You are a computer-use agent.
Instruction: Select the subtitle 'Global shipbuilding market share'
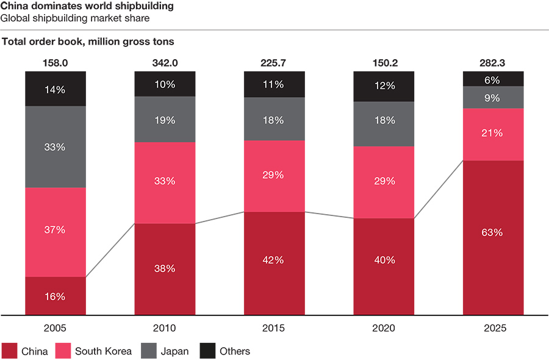point(75,18)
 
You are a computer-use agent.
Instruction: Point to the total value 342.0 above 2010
point(165,63)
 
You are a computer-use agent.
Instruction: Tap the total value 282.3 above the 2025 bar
point(493,63)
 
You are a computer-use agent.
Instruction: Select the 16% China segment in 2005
point(56,296)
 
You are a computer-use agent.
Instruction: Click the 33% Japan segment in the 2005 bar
point(56,147)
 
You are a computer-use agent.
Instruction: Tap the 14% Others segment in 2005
point(56,89)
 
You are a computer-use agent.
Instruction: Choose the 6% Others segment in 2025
point(493,79)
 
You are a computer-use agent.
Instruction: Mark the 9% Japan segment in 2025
point(493,98)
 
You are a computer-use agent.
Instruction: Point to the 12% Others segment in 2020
point(384,86)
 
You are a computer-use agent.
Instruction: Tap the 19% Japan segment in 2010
point(165,120)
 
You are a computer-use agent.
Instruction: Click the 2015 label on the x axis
point(274,328)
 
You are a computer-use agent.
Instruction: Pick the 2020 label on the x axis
point(384,328)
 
